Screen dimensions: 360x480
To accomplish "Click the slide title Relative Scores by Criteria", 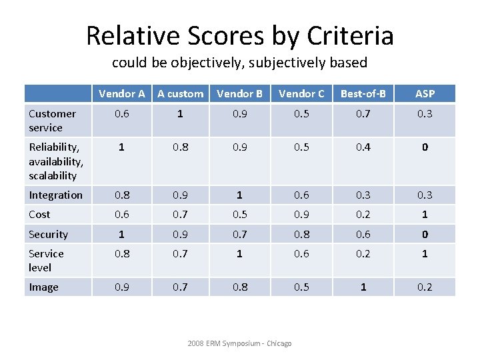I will coord(240,35).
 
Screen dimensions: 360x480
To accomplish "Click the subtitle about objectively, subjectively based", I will coord(240,63).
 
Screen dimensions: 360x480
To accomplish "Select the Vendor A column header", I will coord(122,93).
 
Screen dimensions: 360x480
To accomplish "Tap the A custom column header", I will coord(181,93).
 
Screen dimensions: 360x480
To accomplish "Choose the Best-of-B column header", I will coord(363,93).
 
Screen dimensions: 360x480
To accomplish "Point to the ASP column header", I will coord(425,93).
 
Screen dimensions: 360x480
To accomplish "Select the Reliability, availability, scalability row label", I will coord(56,161).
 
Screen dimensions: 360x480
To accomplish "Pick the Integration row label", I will coord(55,195).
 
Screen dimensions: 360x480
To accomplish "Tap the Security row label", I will coord(48,234).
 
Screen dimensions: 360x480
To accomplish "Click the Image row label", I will coord(43,287).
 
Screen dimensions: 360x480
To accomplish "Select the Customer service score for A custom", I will coord(181,114).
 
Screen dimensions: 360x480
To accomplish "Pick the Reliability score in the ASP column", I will coord(425,147).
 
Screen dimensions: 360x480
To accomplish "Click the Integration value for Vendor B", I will coord(239,195).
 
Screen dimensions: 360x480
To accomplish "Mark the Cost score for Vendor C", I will coord(302,214).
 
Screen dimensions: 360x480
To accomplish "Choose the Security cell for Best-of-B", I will coord(363,234).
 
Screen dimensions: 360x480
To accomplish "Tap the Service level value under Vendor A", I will coord(122,253).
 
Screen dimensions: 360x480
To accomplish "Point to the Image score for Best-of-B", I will coord(363,287).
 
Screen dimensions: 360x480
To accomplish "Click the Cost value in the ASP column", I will coord(425,214).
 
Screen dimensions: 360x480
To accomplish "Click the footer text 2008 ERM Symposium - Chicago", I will coord(239,343).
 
